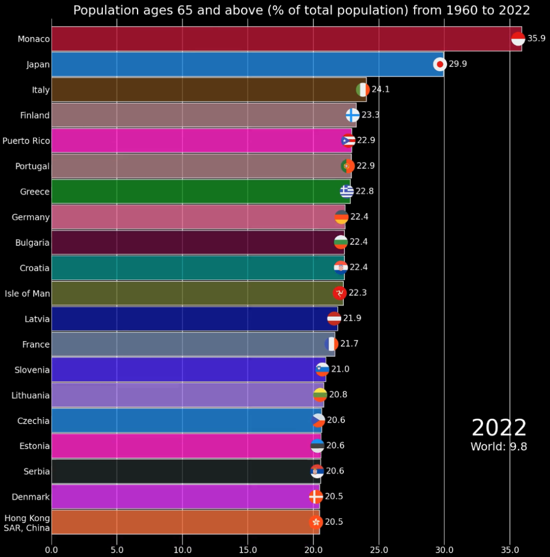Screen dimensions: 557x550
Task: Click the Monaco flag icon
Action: tap(518, 39)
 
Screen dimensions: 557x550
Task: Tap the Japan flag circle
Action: tap(440, 64)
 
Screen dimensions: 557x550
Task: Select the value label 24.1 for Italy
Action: tap(380, 89)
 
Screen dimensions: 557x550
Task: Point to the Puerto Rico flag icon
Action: tap(348, 140)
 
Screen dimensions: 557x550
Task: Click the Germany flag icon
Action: tap(341, 217)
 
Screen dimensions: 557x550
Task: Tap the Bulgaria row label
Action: tap(33, 243)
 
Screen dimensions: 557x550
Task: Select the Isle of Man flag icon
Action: tap(339, 293)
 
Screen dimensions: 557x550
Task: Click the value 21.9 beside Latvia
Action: tap(352, 318)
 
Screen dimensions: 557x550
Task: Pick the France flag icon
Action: tap(331, 344)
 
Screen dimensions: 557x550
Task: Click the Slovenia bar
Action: tap(185, 369)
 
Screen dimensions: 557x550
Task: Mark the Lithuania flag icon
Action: tap(320, 395)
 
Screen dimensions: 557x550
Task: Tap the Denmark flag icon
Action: tap(316, 497)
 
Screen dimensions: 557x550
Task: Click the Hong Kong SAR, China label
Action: tap(27, 523)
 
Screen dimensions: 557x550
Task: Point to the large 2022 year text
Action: tap(499, 428)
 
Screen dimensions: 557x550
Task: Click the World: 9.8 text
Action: tap(499, 447)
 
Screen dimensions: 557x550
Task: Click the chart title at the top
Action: tap(301, 10)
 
